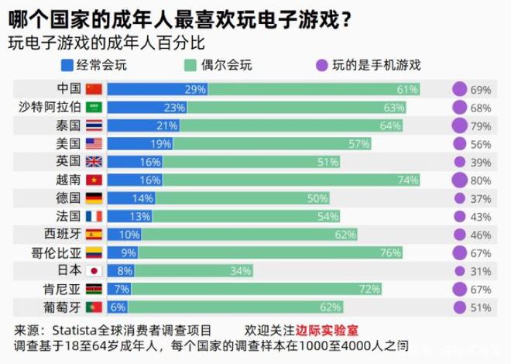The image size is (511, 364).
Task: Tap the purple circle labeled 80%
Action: tap(460, 180)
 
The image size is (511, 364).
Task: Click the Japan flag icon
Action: tap(94, 270)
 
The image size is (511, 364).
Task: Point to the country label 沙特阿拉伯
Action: tap(49, 107)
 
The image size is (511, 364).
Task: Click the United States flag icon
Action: tap(94, 143)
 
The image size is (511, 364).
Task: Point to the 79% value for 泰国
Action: tap(482, 125)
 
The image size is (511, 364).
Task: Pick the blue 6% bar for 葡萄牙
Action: tap(117, 307)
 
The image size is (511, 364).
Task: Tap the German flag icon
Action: tap(94, 197)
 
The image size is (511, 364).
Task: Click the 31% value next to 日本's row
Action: tap(482, 270)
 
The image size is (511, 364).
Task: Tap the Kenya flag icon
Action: tap(94, 289)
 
